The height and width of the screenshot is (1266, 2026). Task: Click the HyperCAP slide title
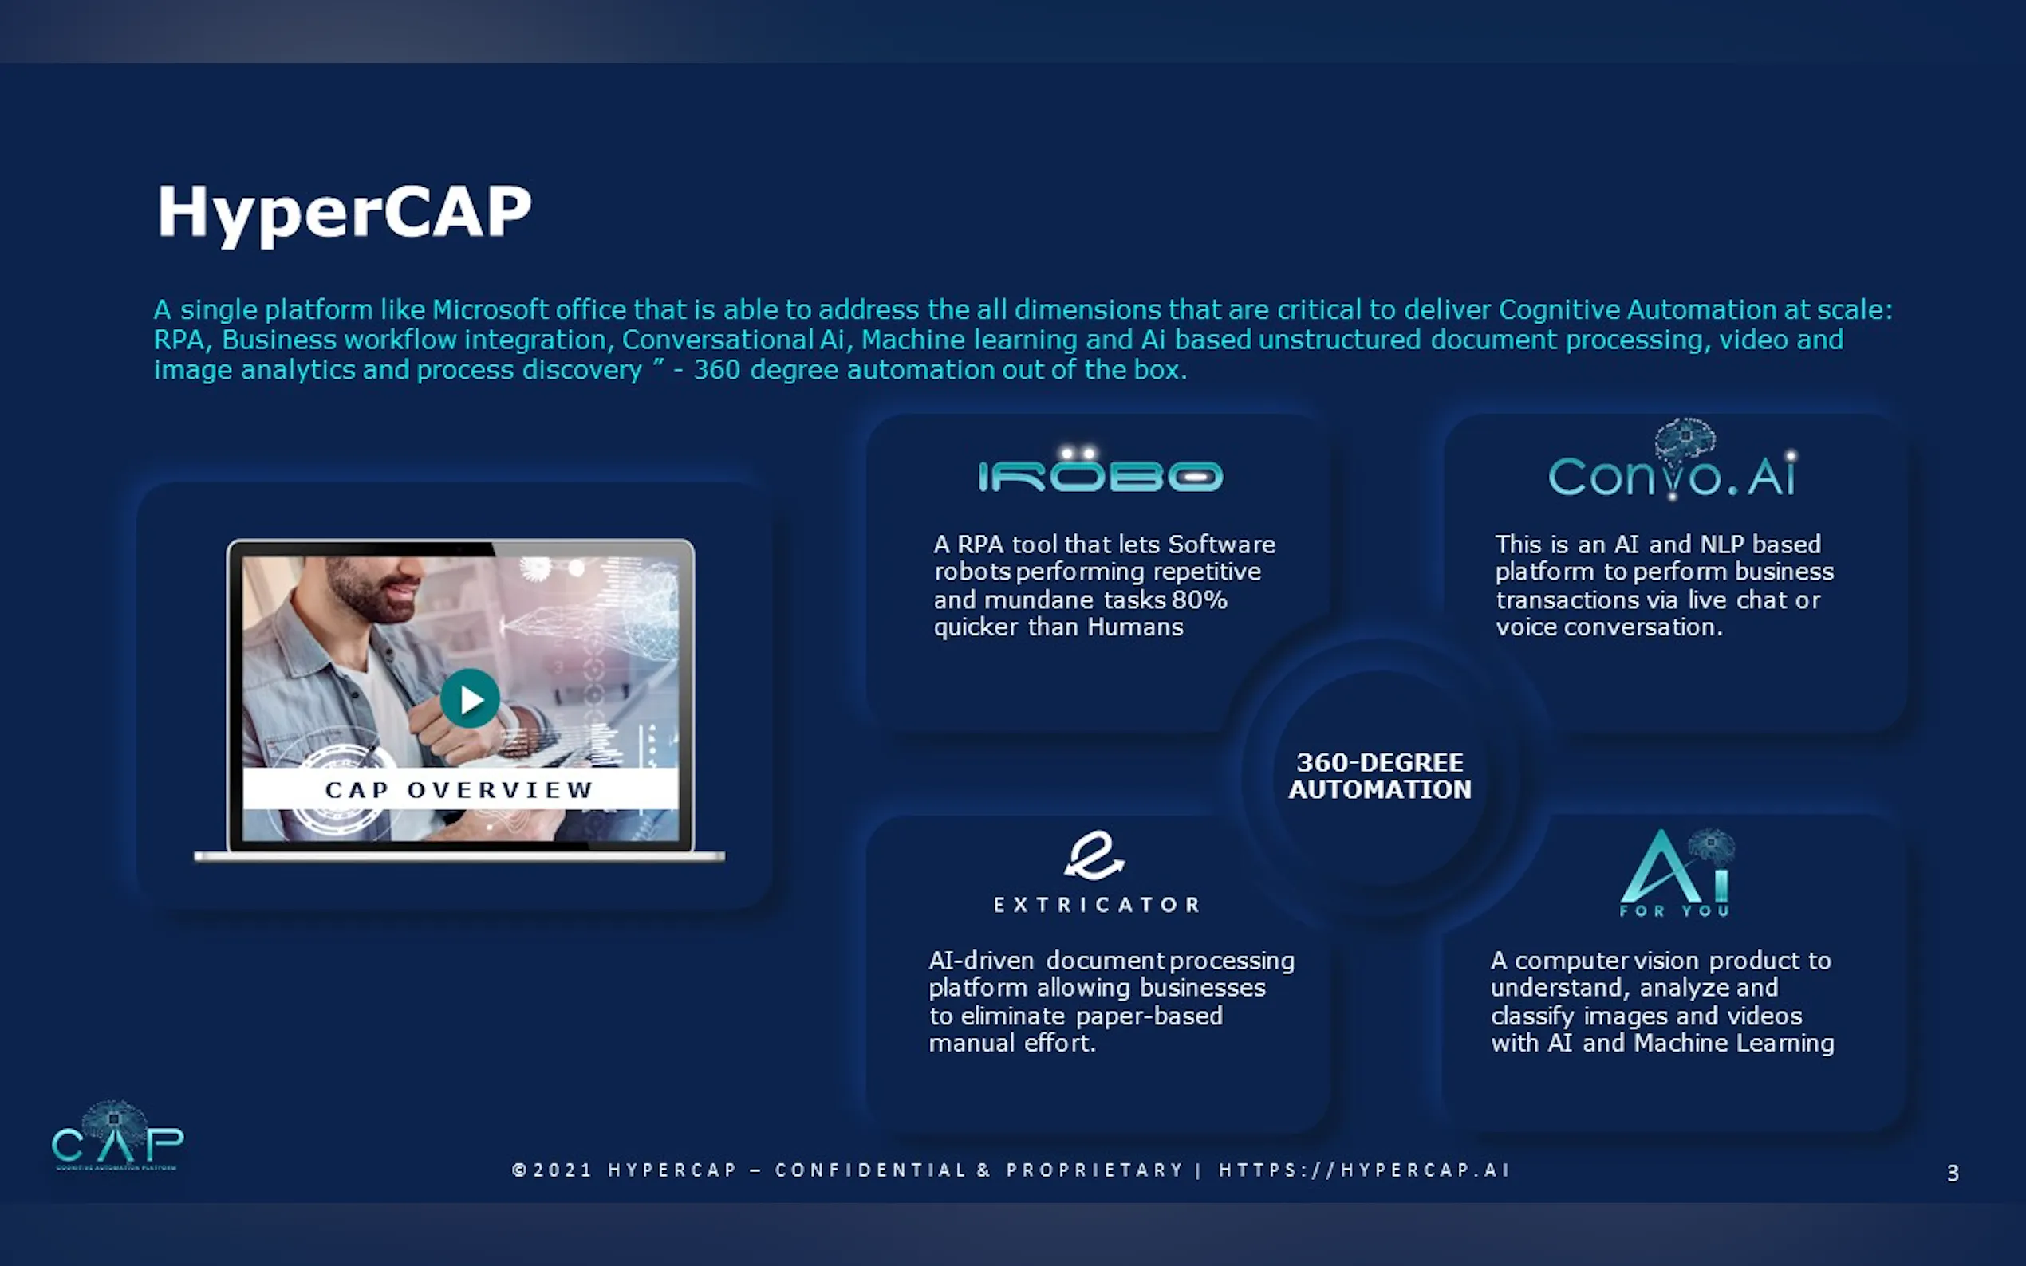coord(345,213)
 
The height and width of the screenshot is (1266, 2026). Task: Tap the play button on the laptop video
coord(470,698)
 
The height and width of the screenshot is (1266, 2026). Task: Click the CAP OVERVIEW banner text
coord(459,789)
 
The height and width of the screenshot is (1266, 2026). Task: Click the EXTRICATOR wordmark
coord(1096,904)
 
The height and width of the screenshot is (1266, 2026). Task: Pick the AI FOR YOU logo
coord(1676,872)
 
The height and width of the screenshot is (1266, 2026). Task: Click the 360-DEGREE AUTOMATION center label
coord(1379,776)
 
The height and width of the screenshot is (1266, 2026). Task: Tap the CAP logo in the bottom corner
coord(117,1136)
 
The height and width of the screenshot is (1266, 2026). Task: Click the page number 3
coord(1953,1173)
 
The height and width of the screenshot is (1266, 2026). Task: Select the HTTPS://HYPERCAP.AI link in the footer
coord(1363,1170)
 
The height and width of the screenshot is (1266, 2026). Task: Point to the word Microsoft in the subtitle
coord(490,310)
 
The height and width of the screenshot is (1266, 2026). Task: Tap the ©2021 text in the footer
coord(552,1170)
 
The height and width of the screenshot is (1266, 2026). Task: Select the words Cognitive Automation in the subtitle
coord(1637,310)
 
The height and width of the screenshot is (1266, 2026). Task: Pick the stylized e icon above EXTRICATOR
coord(1094,855)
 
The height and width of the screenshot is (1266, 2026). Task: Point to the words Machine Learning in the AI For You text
coord(1734,1044)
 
